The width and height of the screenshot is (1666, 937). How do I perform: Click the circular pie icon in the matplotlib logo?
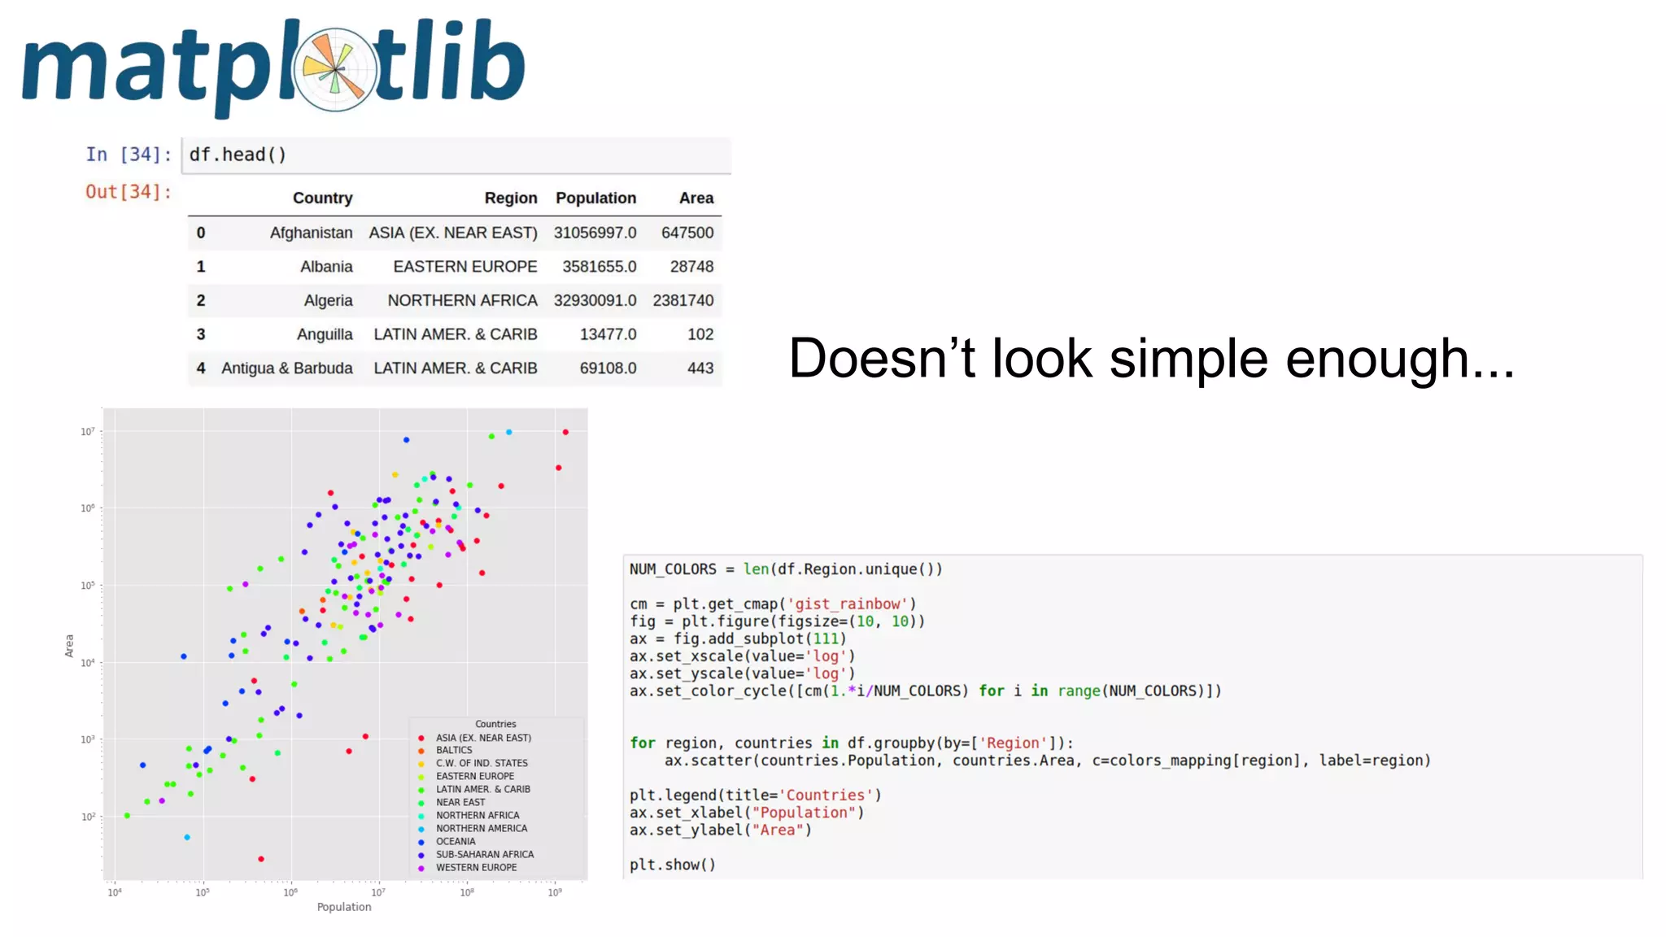tap(334, 69)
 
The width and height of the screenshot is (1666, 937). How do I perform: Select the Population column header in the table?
tap(595, 198)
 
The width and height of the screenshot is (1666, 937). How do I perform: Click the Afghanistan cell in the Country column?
tap(311, 233)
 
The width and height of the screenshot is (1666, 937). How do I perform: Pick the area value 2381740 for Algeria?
tap(683, 301)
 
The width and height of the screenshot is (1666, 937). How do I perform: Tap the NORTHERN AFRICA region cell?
tap(462, 301)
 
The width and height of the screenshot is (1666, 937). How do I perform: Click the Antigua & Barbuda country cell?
tap(286, 368)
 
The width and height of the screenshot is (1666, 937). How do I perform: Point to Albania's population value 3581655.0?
tap(599, 267)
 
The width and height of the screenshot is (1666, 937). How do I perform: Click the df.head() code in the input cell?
tap(238, 155)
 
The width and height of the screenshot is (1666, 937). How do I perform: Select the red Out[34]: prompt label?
tap(129, 192)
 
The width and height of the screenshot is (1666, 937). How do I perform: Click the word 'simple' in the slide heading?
tap(1188, 359)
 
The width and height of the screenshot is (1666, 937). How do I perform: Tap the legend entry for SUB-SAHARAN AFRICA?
tap(484, 855)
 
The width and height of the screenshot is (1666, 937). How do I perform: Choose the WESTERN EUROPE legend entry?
tap(476, 868)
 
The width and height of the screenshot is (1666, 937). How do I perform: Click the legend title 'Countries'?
tap(495, 724)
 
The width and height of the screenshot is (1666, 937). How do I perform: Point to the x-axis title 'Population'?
tap(344, 907)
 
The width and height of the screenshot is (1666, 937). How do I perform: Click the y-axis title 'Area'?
tap(69, 646)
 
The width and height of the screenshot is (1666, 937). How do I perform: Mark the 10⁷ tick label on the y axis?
tap(87, 432)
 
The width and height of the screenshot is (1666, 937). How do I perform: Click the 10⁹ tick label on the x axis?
tap(554, 892)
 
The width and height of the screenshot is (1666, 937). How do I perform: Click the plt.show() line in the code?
tap(672, 865)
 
